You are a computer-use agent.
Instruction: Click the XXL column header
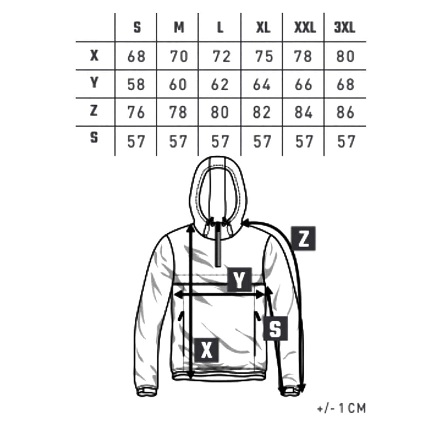304,28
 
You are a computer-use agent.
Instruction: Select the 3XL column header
344,28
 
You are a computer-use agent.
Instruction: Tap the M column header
179,28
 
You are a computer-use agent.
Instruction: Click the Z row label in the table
94,111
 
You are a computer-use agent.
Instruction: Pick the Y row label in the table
94,83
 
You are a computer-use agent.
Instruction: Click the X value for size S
136,56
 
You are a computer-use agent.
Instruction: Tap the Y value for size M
178,84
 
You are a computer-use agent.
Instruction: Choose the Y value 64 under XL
262,84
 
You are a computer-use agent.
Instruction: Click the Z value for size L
220,112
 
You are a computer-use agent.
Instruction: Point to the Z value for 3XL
345,112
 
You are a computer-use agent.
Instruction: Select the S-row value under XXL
303,141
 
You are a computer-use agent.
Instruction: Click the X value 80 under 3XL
345,56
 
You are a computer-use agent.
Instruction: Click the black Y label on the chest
239,279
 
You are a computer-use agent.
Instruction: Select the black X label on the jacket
206,350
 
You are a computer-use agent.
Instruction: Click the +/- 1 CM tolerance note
342,409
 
